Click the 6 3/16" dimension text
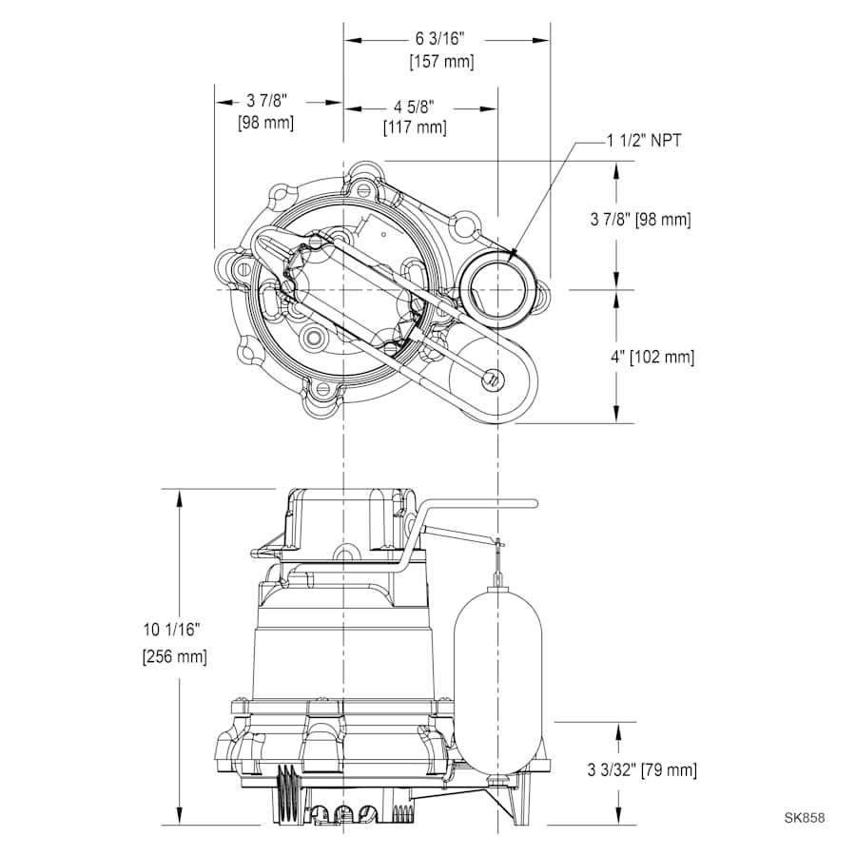coord(440,39)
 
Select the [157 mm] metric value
coord(440,62)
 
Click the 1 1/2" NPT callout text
coord(644,141)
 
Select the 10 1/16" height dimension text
coord(172,630)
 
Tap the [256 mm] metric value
coord(173,656)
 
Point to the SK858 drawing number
coord(805,817)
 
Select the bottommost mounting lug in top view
coord(321,392)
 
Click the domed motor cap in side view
coord(347,518)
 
